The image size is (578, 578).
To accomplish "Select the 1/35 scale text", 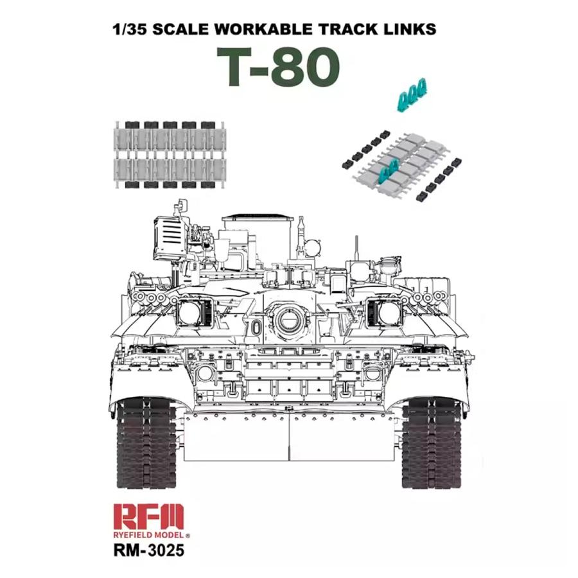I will pos(126,30).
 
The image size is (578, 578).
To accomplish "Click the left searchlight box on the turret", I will pos(191,313).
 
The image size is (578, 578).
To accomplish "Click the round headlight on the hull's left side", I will pos(205,372).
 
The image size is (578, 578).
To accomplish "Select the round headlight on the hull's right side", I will pos(371,372).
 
